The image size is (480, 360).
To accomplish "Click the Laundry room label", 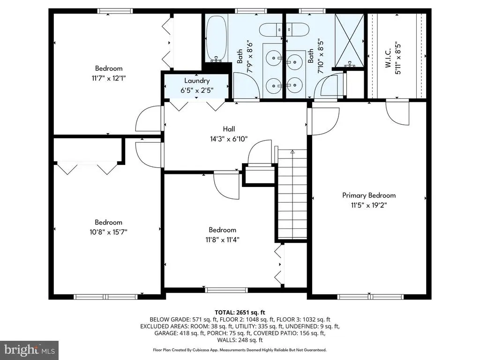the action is point(197,81).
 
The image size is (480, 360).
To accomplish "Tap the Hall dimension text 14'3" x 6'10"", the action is point(229,139).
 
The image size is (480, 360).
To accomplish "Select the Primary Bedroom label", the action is point(369,195).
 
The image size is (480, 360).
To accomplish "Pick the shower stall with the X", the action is point(349,40).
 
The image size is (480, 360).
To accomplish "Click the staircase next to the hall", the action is point(292,194).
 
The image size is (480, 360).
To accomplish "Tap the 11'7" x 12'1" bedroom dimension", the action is point(109,78).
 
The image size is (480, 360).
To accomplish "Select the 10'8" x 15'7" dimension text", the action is point(108,232).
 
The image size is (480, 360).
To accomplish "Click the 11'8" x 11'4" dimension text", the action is point(222,240).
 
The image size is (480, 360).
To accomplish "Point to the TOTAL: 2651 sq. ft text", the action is point(240,313).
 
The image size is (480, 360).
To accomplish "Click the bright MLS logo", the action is point(30,350).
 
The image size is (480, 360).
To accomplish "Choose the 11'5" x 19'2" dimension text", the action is point(369,205).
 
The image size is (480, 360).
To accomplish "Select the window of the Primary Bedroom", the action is point(370,297).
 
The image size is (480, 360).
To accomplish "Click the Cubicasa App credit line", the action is point(240,350).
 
